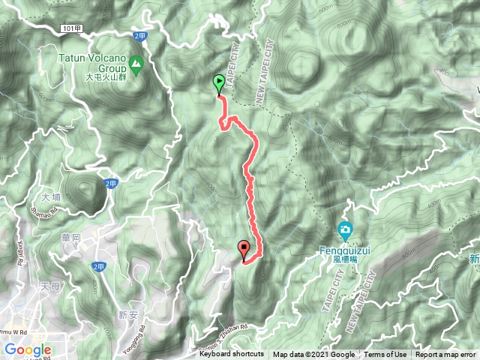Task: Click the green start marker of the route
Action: tap(219, 84)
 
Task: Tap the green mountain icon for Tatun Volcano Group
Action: tap(136, 65)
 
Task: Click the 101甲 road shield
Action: tap(67, 28)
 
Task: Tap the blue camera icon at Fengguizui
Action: tap(345, 229)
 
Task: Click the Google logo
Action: tap(28, 349)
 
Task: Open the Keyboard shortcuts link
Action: tap(232, 355)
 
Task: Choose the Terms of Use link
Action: tap(385, 355)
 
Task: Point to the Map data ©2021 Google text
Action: tap(313, 355)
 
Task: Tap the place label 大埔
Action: tap(51, 198)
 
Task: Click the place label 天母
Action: tap(49, 286)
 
